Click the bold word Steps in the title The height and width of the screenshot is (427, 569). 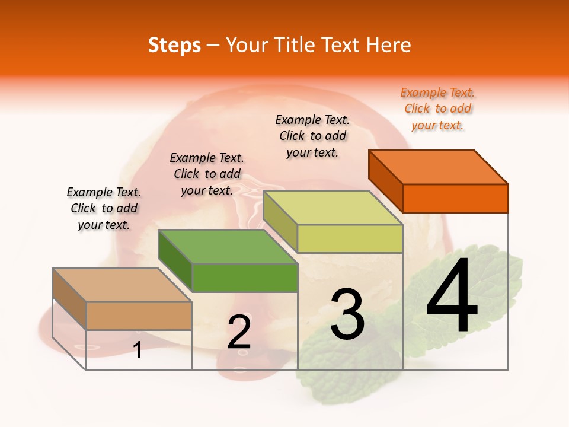pos(174,45)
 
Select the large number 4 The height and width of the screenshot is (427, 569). pos(452,297)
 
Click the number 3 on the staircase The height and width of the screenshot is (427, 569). pos(347,314)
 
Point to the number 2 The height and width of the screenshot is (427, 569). pos(239,332)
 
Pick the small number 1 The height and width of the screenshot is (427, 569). pos(138,350)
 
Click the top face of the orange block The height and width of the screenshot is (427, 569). pos(439,167)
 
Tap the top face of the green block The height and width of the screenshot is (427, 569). pos(228,247)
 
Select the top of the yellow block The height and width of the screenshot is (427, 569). pos(333,208)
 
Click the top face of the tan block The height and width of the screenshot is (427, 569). pos(122,285)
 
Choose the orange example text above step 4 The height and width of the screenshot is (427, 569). pos(438,109)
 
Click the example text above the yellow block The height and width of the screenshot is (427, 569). pos(313,136)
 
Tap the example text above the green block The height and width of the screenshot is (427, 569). pos(207,174)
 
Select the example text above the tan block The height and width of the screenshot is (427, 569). pos(104,208)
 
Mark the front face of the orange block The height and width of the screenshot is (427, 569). pos(455,198)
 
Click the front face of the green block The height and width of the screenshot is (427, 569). pos(245,278)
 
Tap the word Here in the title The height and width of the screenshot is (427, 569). pos(389,45)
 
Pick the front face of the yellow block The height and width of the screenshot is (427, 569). pos(350,238)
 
